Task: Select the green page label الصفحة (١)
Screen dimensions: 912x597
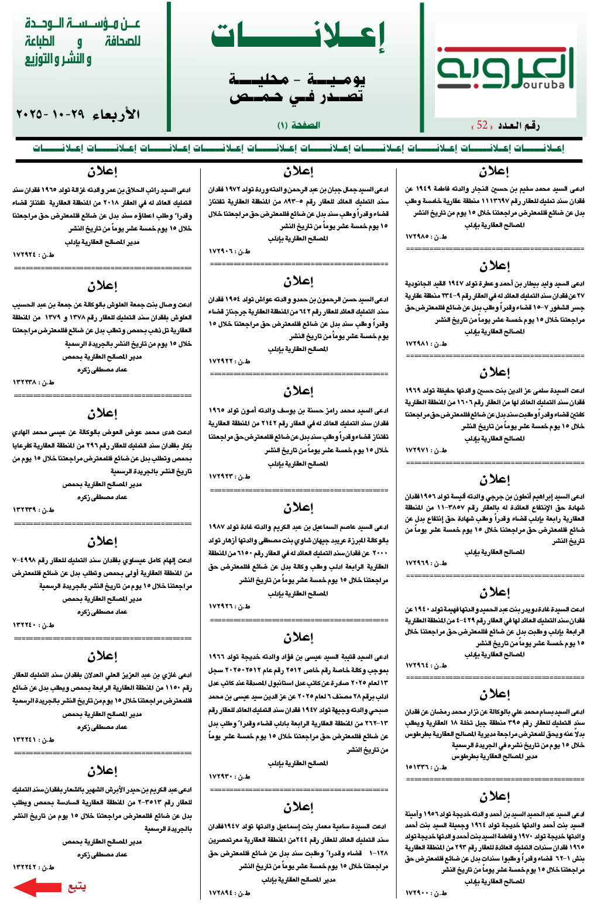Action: pyautogui.click(x=298, y=125)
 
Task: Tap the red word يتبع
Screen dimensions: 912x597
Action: pyautogui.click(x=77, y=887)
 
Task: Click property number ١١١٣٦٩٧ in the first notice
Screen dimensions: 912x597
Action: pyautogui.click(x=507, y=201)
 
